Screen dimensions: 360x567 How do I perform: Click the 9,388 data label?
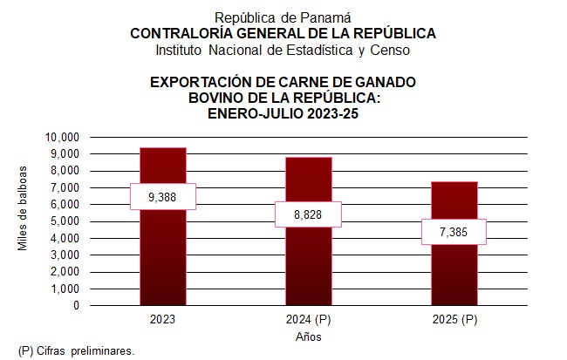coord(162,197)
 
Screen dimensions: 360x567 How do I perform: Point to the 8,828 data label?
coord(308,214)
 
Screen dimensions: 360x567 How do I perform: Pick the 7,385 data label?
coord(454,232)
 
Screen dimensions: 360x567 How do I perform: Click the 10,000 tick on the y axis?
coord(62,137)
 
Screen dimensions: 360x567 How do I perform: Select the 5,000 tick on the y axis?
coord(65,221)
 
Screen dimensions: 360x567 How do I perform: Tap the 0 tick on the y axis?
coord(76,306)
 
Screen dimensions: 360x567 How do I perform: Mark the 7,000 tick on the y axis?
coord(65,187)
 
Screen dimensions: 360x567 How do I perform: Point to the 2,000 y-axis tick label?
coord(65,272)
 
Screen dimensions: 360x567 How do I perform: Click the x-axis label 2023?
coord(162,320)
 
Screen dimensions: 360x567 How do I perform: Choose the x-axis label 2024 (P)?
coord(308,320)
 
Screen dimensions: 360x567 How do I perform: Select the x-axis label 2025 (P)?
coord(454,320)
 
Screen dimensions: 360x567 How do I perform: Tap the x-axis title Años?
coord(308,336)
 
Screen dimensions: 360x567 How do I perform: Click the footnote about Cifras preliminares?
coord(77,350)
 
